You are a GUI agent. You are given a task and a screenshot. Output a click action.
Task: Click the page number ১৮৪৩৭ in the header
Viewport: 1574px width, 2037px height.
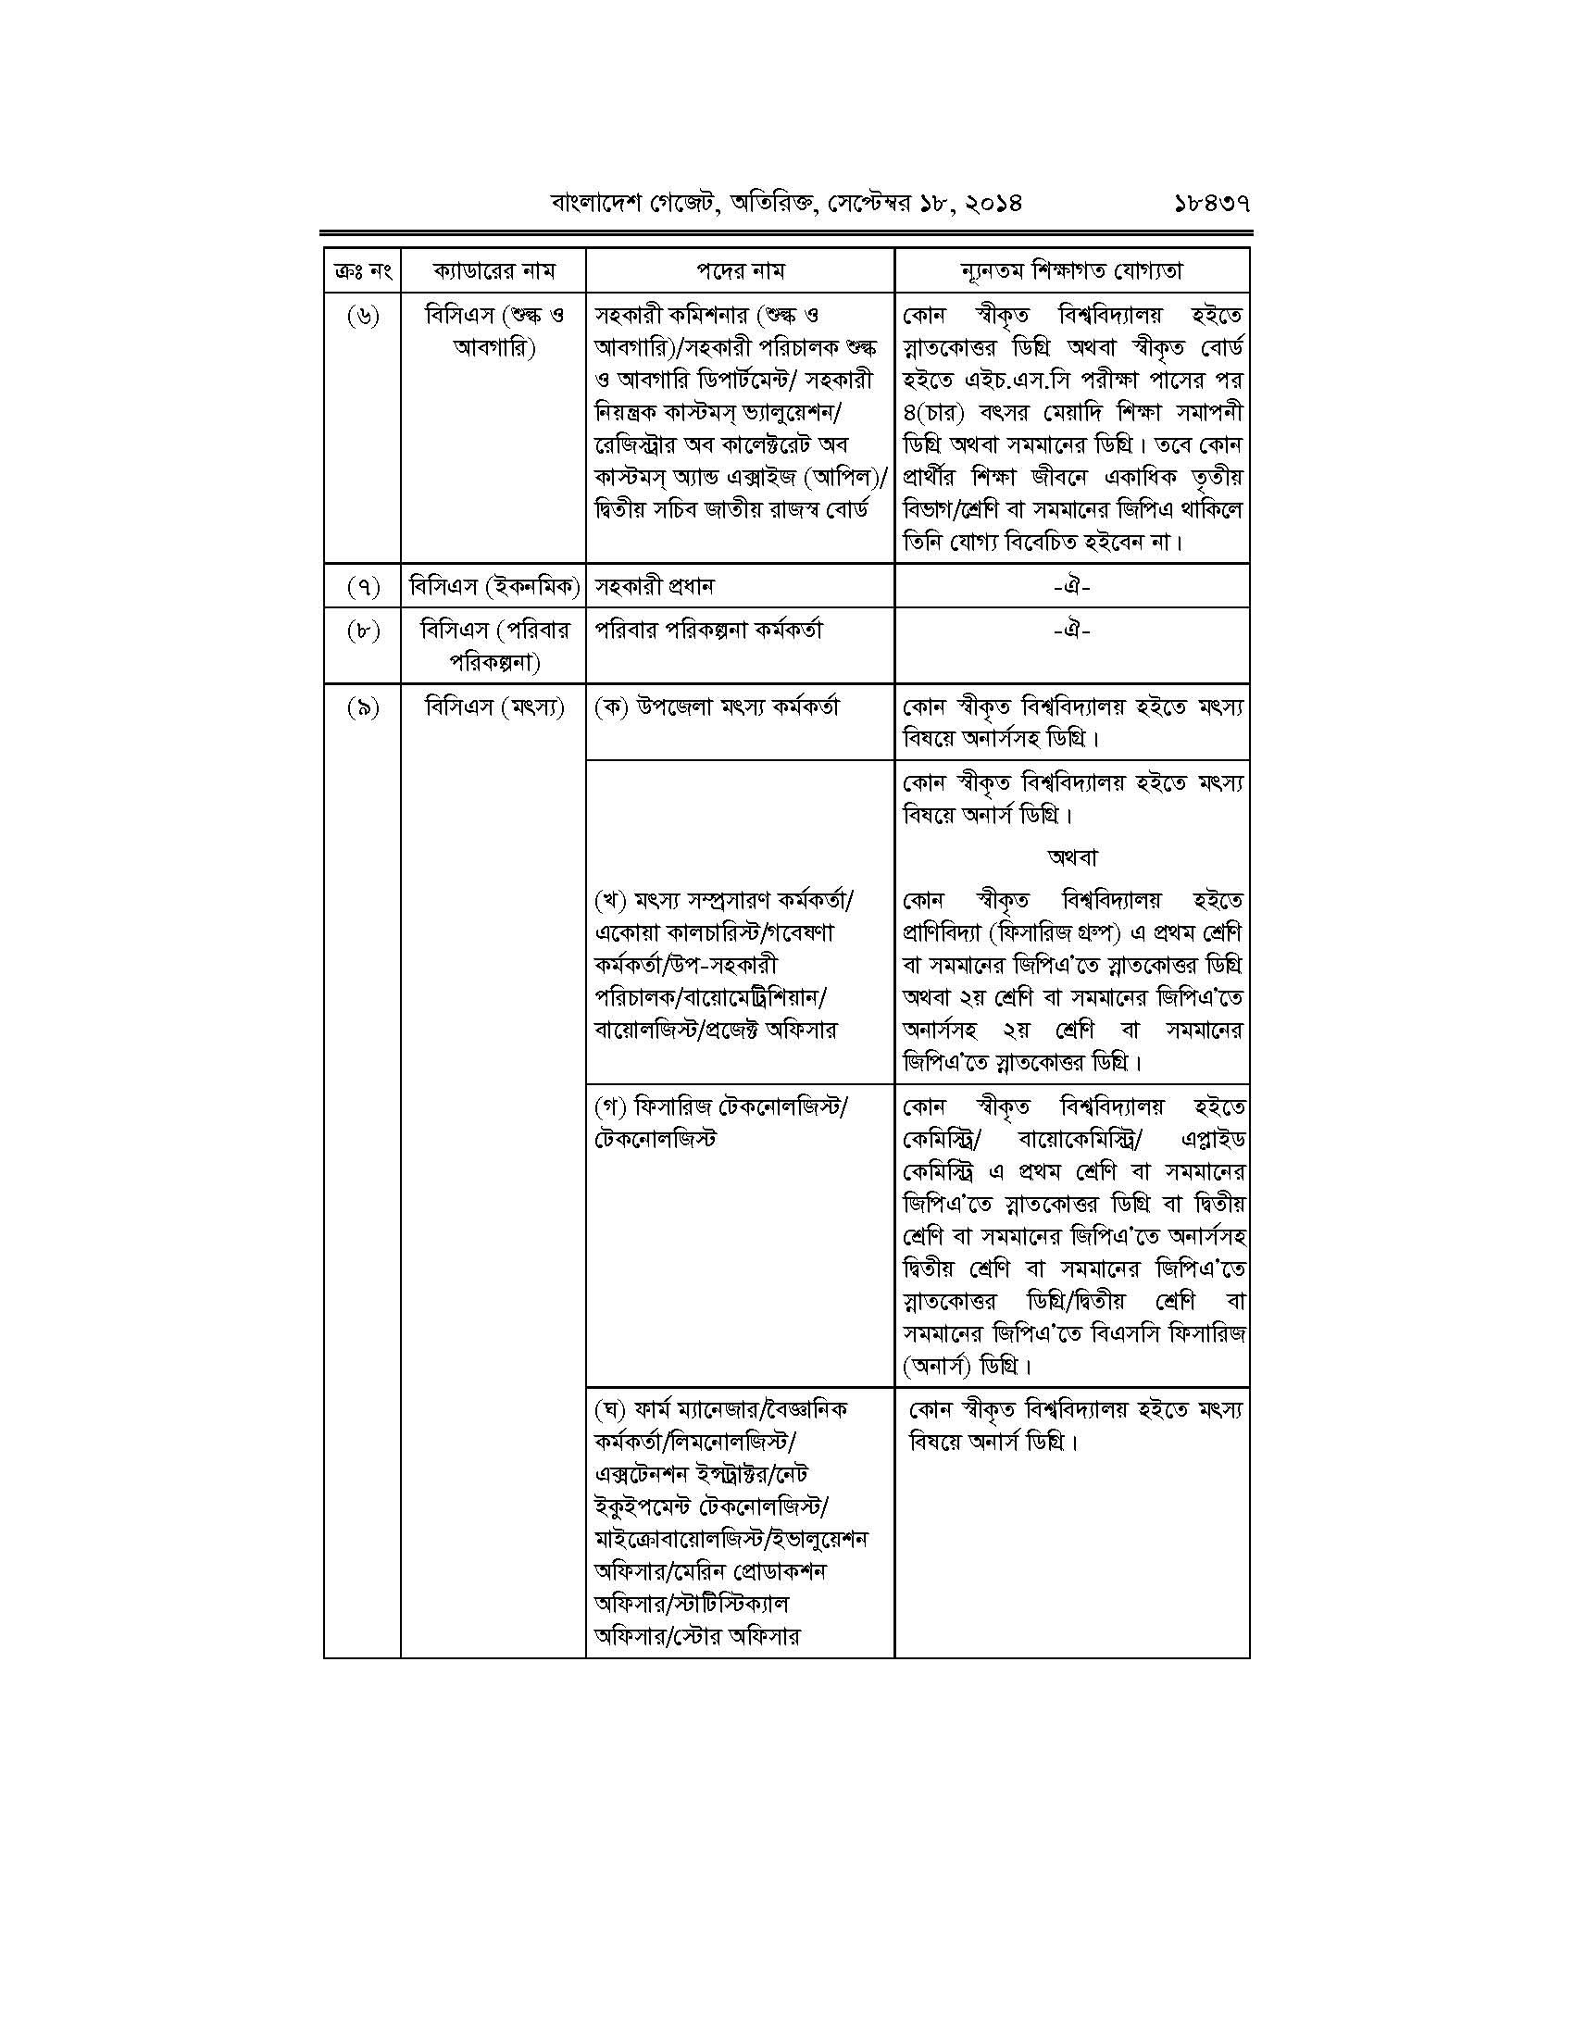point(1211,202)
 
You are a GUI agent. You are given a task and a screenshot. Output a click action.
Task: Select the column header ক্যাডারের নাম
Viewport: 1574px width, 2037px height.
point(493,271)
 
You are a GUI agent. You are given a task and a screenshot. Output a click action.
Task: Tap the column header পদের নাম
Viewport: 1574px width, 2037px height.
point(741,271)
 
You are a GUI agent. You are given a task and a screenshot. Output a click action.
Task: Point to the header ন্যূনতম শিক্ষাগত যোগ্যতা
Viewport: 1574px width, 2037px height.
point(1071,271)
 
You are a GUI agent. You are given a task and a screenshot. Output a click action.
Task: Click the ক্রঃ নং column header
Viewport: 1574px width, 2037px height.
point(362,271)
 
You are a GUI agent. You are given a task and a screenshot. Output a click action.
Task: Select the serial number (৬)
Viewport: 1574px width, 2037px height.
point(363,317)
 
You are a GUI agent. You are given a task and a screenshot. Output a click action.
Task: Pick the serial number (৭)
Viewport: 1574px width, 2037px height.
point(363,587)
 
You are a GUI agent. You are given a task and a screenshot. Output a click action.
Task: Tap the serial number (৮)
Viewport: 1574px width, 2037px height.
point(363,631)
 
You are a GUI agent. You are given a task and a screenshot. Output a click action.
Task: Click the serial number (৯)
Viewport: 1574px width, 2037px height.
point(363,708)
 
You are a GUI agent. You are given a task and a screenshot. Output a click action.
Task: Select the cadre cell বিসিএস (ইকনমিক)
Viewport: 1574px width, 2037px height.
point(493,587)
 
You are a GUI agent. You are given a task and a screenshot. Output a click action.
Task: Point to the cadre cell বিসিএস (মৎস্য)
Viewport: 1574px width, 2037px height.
point(493,708)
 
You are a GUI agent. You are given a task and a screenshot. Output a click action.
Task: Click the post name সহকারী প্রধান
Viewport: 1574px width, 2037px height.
point(654,587)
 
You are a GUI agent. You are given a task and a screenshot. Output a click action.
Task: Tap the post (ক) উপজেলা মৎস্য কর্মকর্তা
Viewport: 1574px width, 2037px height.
point(716,707)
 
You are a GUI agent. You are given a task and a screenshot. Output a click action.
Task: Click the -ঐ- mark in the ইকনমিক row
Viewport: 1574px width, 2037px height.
point(1071,587)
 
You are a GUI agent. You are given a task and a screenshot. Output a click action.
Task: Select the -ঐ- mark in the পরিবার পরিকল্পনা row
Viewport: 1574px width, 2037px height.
point(1071,631)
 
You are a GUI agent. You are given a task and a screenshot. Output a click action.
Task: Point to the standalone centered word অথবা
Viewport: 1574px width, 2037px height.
point(1072,856)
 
